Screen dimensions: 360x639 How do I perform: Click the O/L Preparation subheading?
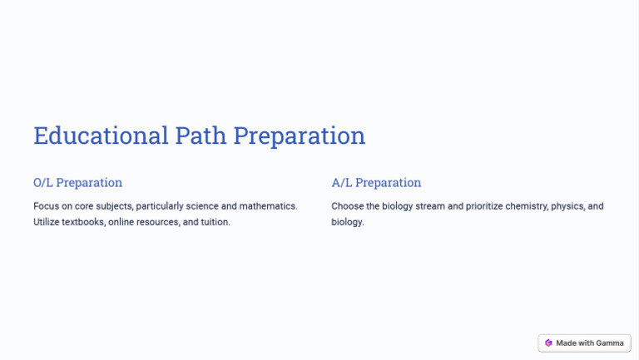coord(77,183)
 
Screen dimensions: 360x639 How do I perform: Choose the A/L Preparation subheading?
coord(376,183)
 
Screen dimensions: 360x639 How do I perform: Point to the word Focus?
coord(47,206)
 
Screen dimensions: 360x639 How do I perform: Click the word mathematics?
coord(268,206)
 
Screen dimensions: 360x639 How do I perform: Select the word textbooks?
coord(84,222)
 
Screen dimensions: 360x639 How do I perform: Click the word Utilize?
coord(47,222)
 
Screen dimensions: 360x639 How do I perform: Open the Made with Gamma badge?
coord(584,343)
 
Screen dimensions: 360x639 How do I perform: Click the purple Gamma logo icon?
coord(548,343)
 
